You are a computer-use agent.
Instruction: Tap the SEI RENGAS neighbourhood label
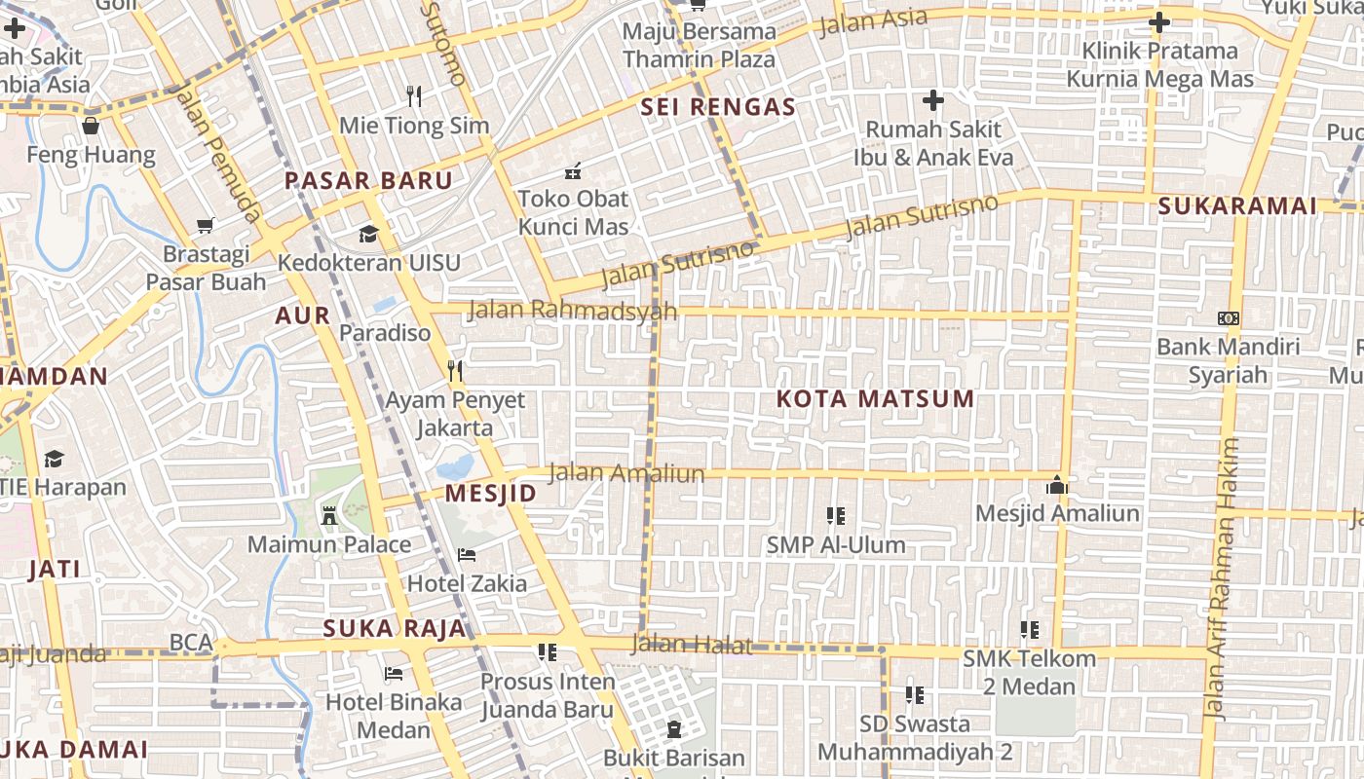(x=718, y=107)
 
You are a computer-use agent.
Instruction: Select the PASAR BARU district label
(x=368, y=181)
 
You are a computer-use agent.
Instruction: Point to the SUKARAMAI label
(x=1237, y=206)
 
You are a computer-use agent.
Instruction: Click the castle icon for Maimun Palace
(x=329, y=515)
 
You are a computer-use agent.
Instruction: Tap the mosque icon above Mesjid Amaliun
(x=1057, y=484)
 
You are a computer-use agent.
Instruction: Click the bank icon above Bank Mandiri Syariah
(x=1228, y=318)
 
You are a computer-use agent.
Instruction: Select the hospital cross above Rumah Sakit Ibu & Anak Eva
(x=933, y=99)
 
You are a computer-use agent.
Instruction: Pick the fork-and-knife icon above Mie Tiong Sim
(x=414, y=95)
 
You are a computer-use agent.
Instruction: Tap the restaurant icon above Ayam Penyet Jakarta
(x=454, y=371)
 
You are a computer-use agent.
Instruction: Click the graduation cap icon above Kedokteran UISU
(x=368, y=234)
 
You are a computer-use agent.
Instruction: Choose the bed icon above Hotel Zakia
(x=467, y=555)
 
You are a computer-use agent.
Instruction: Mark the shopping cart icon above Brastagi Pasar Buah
(x=206, y=225)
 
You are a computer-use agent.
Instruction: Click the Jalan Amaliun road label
(x=625, y=473)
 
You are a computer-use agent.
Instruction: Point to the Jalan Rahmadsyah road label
(x=572, y=310)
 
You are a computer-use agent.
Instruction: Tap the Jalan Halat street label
(x=692, y=644)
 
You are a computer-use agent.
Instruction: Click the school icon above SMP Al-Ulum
(x=835, y=516)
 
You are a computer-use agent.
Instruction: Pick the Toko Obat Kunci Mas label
(x=573, y=212)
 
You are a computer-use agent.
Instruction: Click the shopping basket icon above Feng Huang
(x=91, y=126)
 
